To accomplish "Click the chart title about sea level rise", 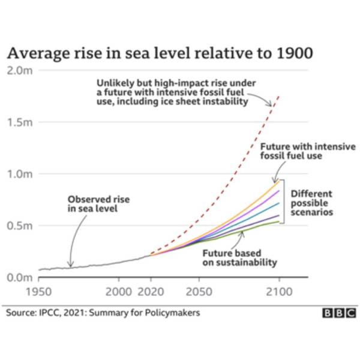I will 160,53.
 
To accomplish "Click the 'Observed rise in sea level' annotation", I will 98,204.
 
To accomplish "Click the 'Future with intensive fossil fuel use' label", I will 307,151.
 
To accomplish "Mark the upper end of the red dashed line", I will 278,97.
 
